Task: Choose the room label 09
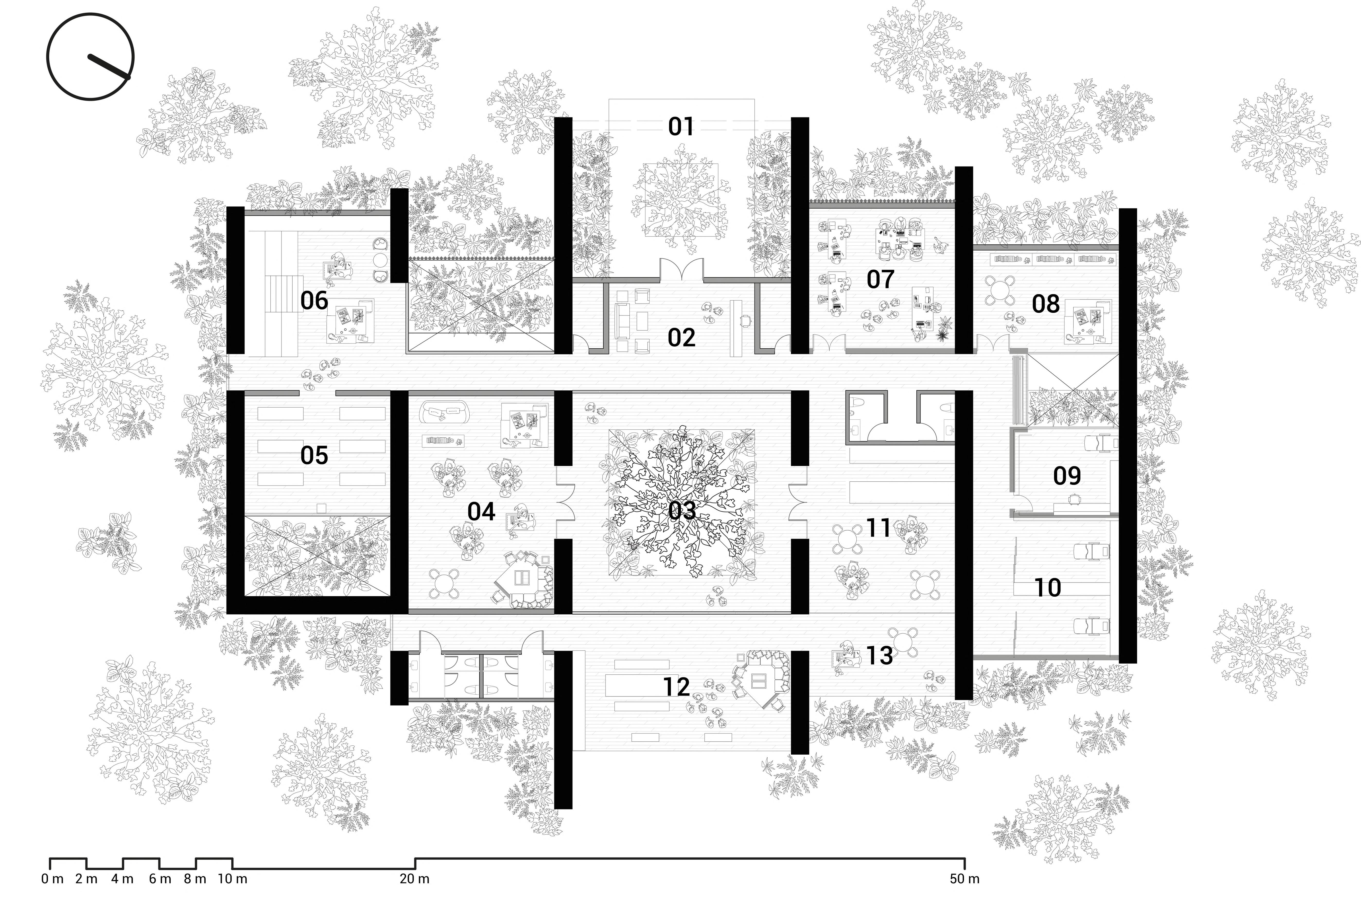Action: click(x=1067, y=476)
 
